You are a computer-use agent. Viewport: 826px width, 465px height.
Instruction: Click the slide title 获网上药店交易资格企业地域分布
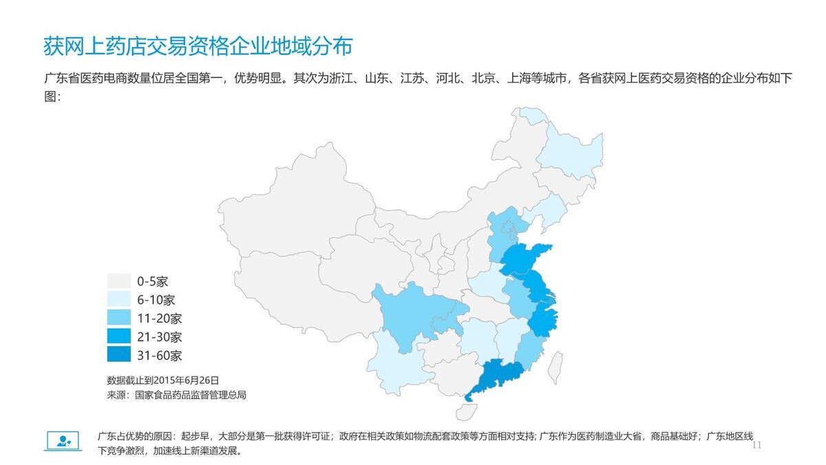(x=198, y=46)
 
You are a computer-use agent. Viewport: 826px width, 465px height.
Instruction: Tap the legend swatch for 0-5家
(x=118, y=281)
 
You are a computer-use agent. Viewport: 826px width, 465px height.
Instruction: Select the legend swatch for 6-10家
(x=118, y=300)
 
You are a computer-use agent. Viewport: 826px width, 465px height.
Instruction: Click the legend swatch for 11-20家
(x=118, y=318)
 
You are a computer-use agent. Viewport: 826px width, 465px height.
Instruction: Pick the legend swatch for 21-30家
(x=118, y=337)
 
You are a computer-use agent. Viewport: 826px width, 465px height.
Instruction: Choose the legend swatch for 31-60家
(x=118, y=355)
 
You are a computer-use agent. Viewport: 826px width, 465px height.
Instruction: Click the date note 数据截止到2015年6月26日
(x=163, y=380)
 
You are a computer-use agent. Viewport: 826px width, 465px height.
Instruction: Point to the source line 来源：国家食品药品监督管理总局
(x=176, y=395)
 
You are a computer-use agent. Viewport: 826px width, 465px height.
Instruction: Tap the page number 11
(x=757, y=446)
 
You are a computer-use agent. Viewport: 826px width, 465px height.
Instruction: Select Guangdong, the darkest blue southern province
(x=496, y=378)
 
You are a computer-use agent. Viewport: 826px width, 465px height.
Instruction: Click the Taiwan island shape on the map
(x=556, y=366)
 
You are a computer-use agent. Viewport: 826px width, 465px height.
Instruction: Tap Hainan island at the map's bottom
(x=465, y=412)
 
